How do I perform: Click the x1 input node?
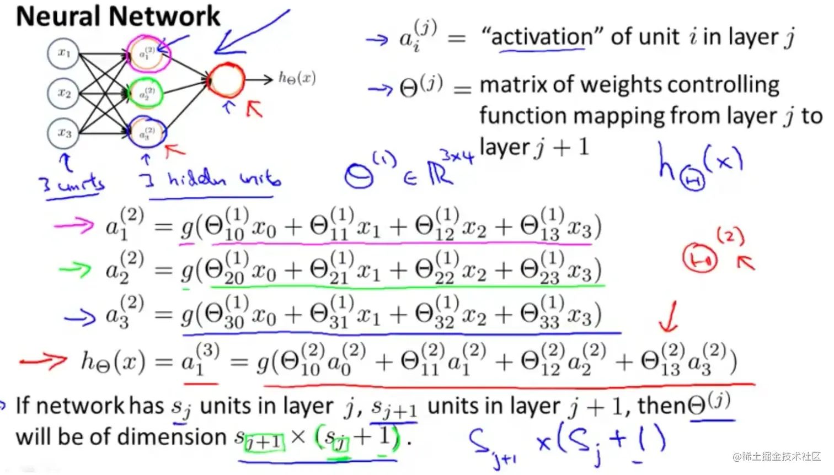pos(63,53)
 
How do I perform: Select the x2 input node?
pos(63,93)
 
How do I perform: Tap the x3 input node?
pos(63,133)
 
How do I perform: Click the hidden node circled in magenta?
pos(147,53)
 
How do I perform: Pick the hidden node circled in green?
pos(146,94)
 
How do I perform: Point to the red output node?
pos(226,80)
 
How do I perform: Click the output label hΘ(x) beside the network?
pos(297,78)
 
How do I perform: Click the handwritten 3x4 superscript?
pos(456,156)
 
